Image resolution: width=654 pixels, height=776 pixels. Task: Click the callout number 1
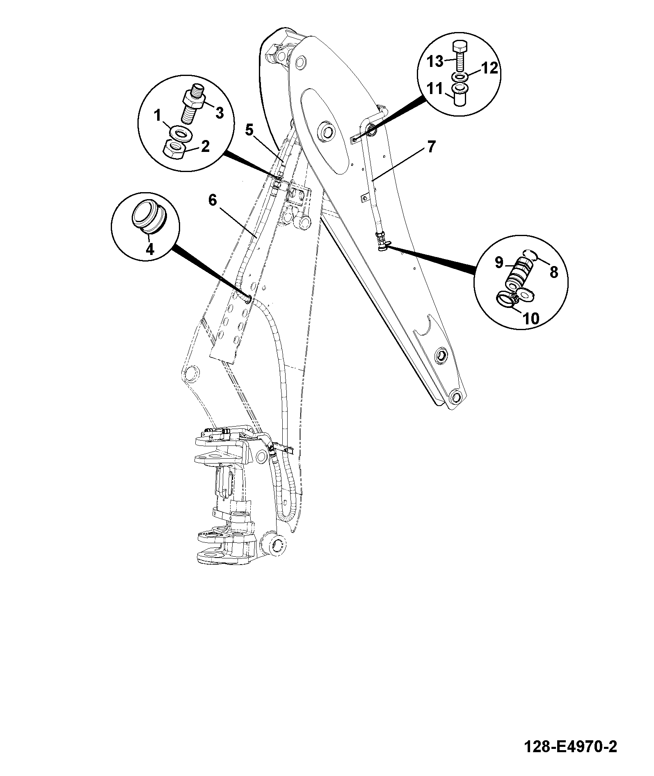click(157, 116)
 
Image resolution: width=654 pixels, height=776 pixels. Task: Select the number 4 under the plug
click(150, 249)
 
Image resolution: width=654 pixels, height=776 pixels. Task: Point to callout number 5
click(249, 130)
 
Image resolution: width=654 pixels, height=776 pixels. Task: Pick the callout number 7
click(430, 147)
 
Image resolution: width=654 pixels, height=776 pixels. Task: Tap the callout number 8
click(554, 272)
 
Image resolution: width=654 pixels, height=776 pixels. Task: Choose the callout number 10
click(530, 318)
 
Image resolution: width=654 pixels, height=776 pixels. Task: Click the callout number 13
click(434, 62)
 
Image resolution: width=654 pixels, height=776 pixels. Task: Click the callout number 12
click(489, 68)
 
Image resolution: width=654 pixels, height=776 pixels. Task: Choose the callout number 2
click(205, 146)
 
